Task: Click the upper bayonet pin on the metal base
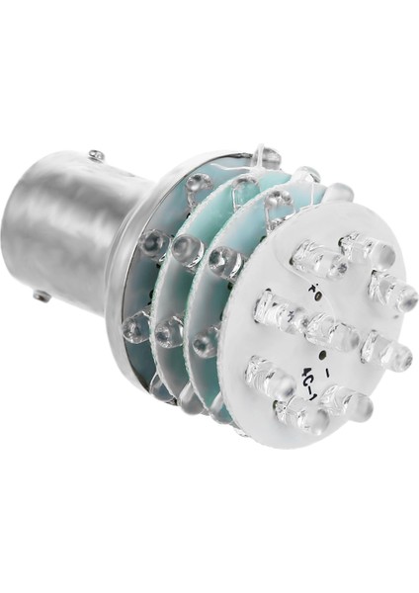(x=96, y=155)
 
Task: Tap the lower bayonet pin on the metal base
(x=41, y=295)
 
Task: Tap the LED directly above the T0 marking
(x=318, y=259)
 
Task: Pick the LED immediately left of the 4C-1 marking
(x=266, y=376)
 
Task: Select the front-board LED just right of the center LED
(x=385, y=350)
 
